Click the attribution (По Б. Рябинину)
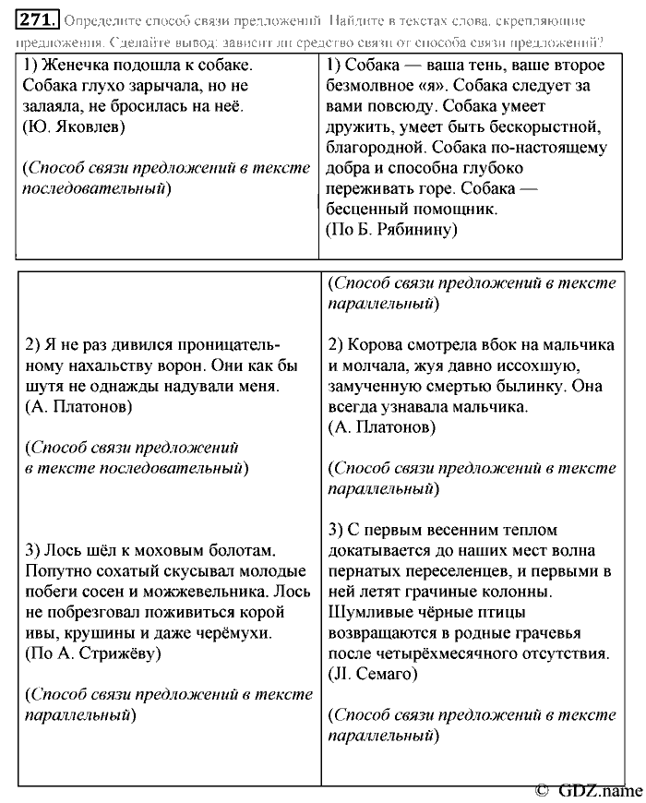click(391, 230)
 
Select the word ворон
click(227, 366)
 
